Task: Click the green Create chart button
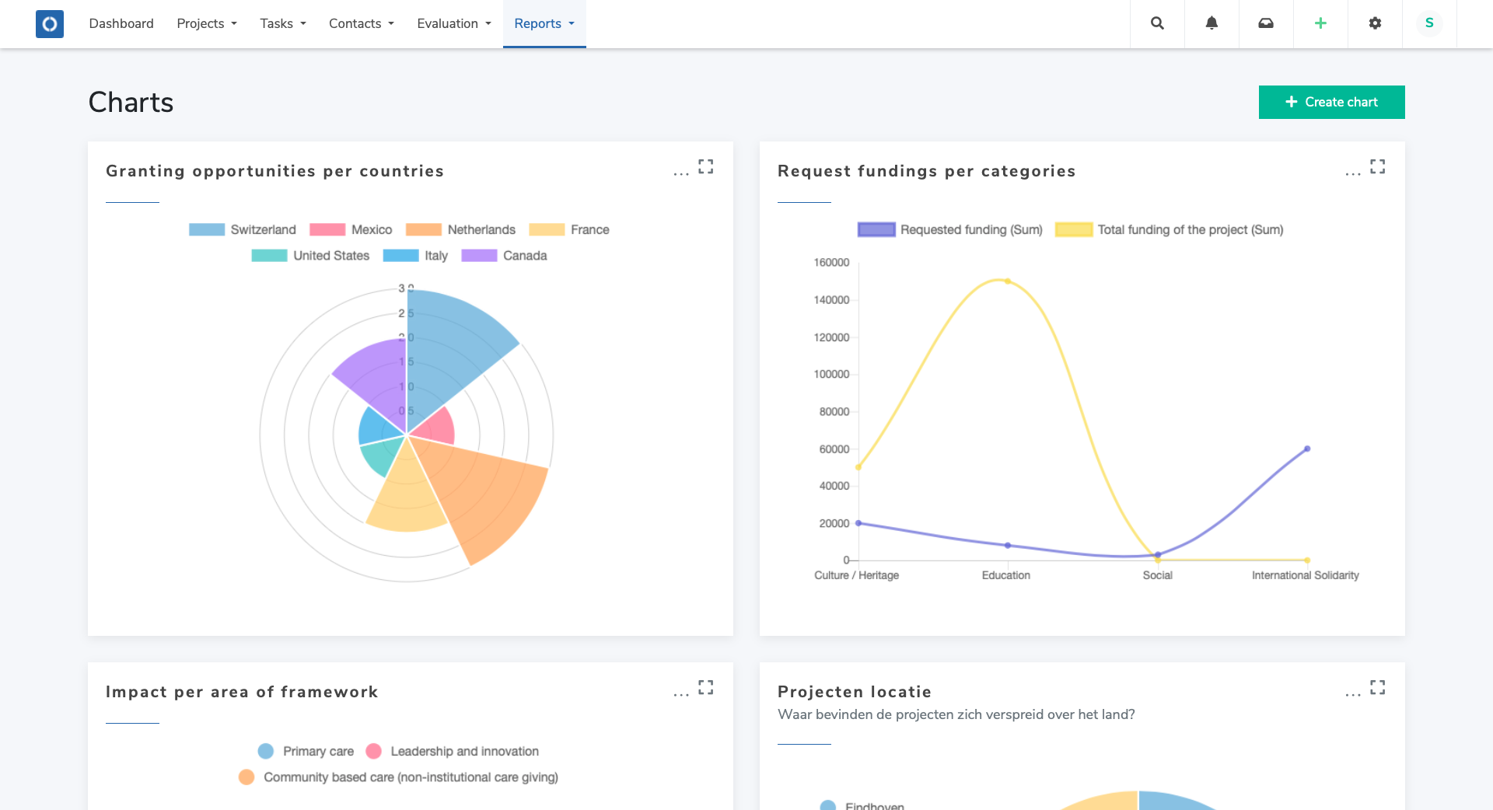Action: [1331, 102]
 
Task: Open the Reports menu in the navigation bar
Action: [544, 23]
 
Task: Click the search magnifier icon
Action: [1157, 23]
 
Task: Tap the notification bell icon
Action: [1212, 23]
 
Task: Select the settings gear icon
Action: [1375, 23]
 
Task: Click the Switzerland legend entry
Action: [243, 229]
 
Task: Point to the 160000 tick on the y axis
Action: [831, 263]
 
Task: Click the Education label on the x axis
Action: [1005, 575]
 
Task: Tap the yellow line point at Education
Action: [1008, 281]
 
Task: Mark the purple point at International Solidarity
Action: [1307, 449]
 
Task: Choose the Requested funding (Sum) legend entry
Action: [950, 229]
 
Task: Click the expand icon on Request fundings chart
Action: [1377, 166]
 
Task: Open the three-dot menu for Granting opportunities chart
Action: [681, 172]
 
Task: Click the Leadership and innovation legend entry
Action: [452, 751]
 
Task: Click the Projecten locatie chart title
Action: [854, 692]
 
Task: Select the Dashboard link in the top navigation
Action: [121, 23]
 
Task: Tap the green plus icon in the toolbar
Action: [1320, 23]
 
